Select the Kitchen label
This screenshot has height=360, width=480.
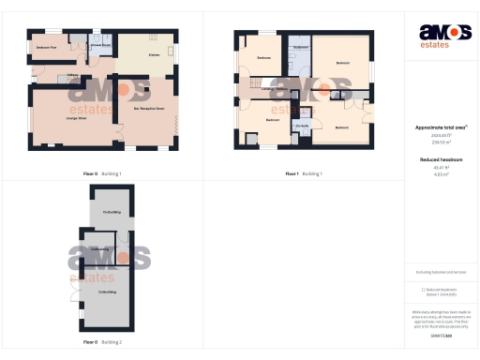[154, 54]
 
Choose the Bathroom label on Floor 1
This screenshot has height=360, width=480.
[302, 46]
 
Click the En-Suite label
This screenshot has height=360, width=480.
[302, 125]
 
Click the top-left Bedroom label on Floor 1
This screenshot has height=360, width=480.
[264, 58]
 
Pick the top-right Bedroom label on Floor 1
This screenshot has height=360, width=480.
[342, 63]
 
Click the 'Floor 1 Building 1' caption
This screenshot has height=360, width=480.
[304, 173]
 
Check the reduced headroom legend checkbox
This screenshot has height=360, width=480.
[424, 289]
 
